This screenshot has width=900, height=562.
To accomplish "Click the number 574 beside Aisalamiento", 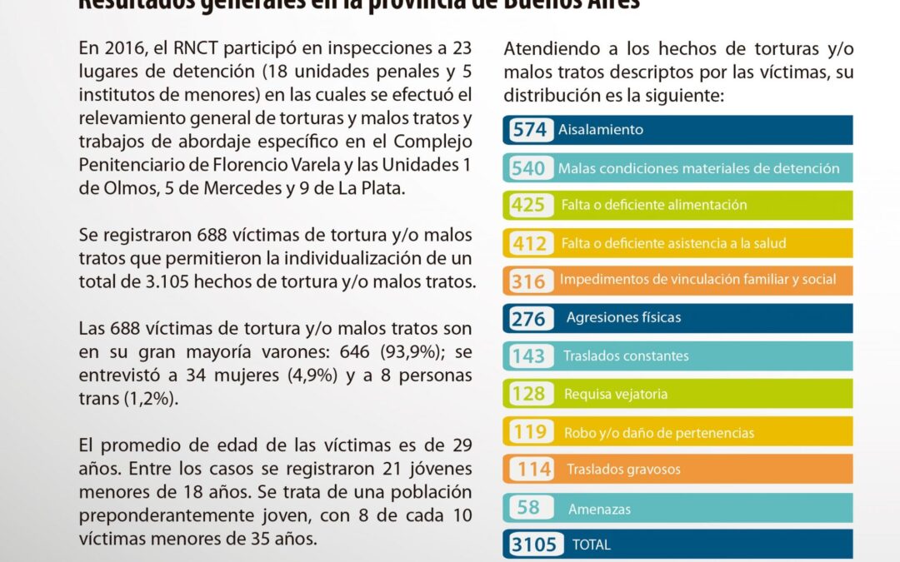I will tap(530, 130).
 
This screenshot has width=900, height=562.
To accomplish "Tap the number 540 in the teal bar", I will tap(529, 168).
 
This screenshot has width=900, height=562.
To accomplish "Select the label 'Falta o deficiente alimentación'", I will tap(642, 205).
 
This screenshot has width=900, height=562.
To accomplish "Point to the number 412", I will tap(529, 244).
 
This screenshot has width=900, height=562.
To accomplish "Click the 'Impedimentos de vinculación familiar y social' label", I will tap(697, 279).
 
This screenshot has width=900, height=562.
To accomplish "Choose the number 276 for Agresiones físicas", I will tap(529, 318).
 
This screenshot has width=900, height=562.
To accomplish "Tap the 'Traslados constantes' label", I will tap(626, 356).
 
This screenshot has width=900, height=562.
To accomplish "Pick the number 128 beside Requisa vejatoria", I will tap(529, 394).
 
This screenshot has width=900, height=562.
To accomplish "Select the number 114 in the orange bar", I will tap(534, 470).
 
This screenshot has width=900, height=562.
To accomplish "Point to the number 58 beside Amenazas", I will tap(528, 508).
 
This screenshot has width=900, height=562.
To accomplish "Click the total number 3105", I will tap(533, 545).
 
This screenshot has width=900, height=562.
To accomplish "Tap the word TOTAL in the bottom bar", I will tap(592, 545).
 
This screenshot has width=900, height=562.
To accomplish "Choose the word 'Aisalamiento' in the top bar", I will tap(600, 130).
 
